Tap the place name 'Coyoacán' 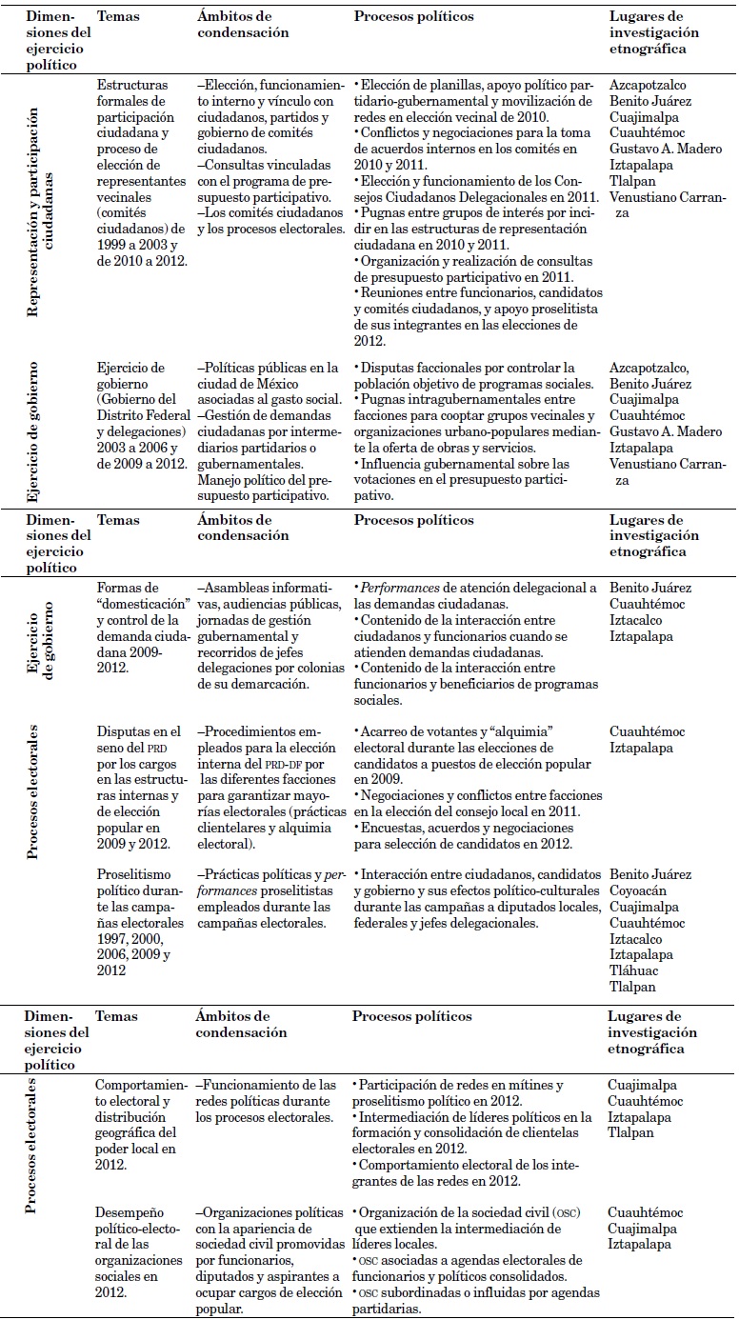coord(636,890)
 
